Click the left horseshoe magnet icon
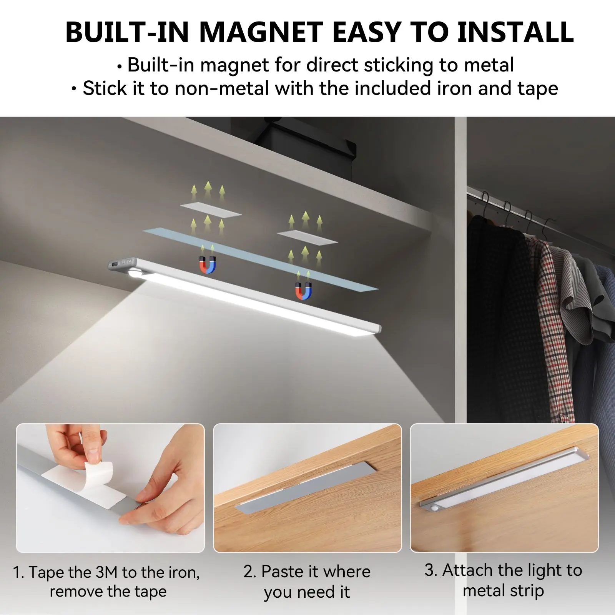coord(208,265)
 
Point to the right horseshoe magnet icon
coord(303,290)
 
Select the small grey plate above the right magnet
coord(307,237)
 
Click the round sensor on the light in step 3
coord(436,510)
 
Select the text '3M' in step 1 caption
coord(105,572)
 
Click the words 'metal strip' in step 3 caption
coord(504,591)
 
